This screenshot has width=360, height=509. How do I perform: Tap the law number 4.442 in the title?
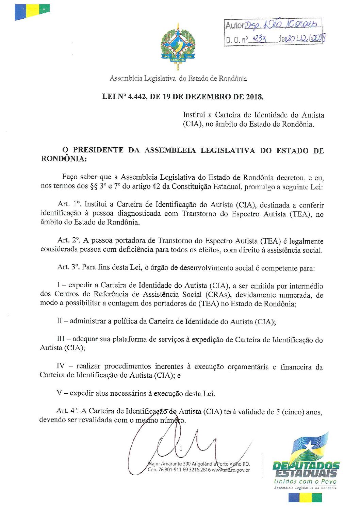[x=137, y=97]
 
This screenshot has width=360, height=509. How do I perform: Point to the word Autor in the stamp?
[x=235, y=25]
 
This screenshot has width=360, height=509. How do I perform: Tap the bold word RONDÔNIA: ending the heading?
[x=63, y=159]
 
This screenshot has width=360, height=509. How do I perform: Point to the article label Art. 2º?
[x=69, y=241]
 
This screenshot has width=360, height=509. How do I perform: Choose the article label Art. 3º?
[x=68, y=267]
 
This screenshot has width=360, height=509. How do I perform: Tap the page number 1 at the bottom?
[x=181, y=448]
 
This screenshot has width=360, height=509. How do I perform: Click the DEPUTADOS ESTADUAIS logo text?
[x=306, y=469]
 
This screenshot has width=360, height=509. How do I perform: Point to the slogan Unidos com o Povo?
[x=305, y=481]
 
